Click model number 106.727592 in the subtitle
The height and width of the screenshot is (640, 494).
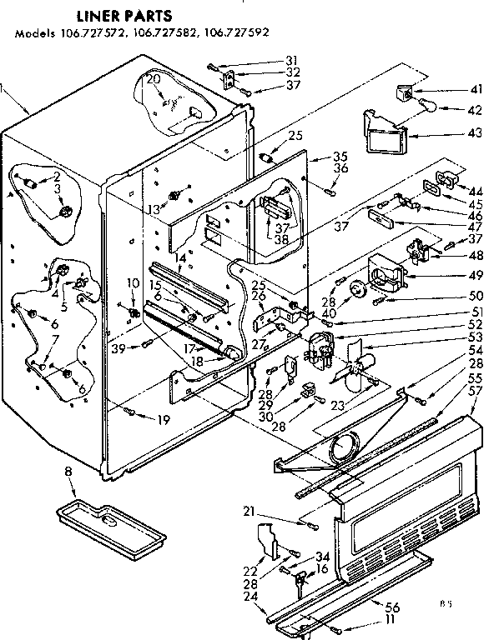pos(240,34)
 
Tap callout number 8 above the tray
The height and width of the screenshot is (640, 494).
pos(68,472)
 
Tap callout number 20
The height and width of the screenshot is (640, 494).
pos(152,79)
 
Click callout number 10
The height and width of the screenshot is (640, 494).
pos(130,284)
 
